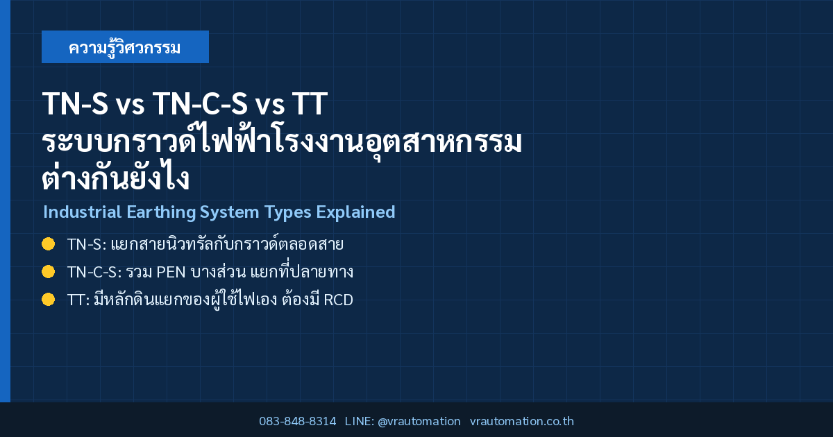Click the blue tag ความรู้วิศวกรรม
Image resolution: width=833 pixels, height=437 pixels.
click(x=125, y=47)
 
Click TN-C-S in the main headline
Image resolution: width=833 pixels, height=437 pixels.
click(x=200, y=103)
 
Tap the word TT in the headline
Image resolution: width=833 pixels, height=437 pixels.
click(x=310, y=103)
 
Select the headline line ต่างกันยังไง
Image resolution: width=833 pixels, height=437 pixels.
click(x=116, y=178)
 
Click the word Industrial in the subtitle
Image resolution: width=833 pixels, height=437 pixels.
click(x=82, y=212)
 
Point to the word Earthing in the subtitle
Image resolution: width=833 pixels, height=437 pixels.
click(x=161, y=212)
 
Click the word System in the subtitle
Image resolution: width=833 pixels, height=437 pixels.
click(x=229, y=212)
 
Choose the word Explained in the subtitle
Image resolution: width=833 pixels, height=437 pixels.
click(x=355, y=212)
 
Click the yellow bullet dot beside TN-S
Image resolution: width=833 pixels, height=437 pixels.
click(x=49, y=244)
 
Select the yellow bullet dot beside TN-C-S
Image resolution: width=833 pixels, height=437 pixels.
click(x=49, y=272)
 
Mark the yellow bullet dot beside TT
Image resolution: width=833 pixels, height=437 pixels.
click(x=49, y=299)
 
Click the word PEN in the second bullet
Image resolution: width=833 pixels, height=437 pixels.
click(x=171, y=272)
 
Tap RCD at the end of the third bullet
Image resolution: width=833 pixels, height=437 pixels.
click(x=339, y=300)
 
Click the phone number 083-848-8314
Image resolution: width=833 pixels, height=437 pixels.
click(x=298, y=421)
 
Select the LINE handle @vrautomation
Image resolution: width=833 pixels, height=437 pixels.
click(x=419, y=421)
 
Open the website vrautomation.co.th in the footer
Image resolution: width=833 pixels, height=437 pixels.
click(x=522, y=421)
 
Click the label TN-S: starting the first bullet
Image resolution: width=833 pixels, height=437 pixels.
click(x=87, y=244)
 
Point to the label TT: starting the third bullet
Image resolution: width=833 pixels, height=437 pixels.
click(x=78, y=300)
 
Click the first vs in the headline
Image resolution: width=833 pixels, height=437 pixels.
click(x=130, y=106)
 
